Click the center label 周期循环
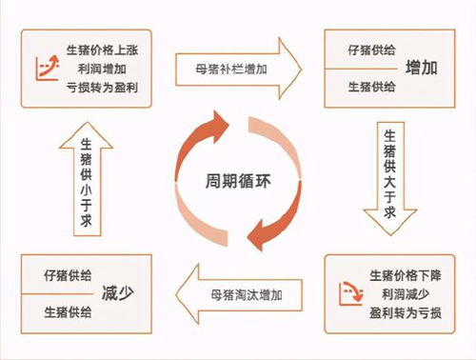click(x=237, y=180)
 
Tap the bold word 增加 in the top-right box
click(x=422, y=68)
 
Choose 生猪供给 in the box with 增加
click(x=364, y=88)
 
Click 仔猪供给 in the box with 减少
click(x=68, y=275)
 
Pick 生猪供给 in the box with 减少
click(x=68, y=311)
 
